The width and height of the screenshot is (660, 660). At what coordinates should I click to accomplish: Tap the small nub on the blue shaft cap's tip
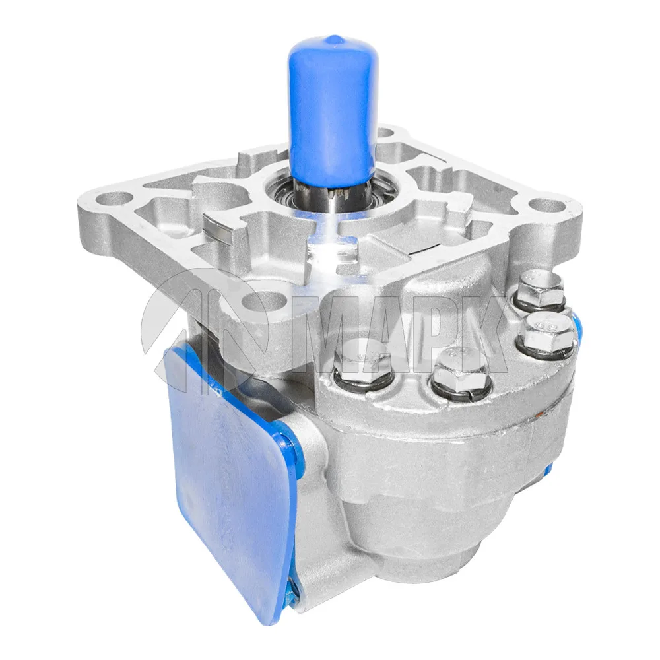point(333,40)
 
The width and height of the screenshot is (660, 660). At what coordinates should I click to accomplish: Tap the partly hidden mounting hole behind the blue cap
point(385,134)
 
